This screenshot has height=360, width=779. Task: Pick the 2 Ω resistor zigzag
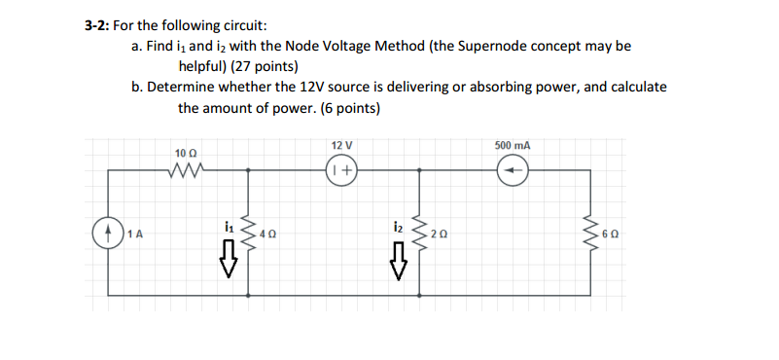[419, 234]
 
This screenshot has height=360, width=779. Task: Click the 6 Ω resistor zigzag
[591, 234]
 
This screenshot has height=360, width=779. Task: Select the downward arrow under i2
[398, 260]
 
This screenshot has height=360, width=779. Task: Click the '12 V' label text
[341, 146]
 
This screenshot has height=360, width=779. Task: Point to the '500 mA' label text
[513, 146]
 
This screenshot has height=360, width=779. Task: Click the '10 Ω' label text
[185, 153]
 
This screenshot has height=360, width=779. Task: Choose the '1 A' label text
[135, 234]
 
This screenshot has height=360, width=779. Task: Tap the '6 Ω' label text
[610, 234]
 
